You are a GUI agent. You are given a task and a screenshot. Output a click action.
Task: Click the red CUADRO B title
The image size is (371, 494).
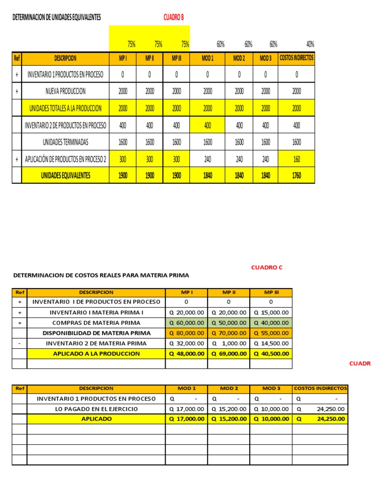pos(174,18)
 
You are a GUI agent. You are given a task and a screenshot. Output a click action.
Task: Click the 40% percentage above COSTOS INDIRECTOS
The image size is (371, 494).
pos(310,44)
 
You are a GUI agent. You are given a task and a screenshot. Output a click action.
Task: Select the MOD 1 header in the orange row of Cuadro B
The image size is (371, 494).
pos(208,58)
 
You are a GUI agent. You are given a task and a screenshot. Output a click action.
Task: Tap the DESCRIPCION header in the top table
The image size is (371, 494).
pos(65,58)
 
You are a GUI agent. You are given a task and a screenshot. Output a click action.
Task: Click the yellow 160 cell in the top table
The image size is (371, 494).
pos(297,158)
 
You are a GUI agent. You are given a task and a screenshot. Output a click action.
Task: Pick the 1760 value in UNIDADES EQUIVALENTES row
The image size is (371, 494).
pos(297,176)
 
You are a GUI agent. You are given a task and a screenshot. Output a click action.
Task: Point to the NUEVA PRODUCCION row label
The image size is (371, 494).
pos(65,91)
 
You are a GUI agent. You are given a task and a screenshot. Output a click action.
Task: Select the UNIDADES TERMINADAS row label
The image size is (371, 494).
pos(65,142)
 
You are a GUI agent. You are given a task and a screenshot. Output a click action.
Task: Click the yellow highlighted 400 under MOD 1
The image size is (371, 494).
pos(208,125)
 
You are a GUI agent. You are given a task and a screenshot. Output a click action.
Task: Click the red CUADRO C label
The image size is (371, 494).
pos(267,267)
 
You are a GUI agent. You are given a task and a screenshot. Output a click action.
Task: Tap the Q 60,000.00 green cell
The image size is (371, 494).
pos(186,323)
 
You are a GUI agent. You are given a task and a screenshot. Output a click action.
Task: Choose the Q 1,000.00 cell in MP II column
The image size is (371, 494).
pos(228,343)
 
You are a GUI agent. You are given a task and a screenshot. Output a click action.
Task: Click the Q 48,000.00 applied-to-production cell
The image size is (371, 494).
pos(186,354)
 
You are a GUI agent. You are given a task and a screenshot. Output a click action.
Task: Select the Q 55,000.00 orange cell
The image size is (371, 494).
pos(271,333)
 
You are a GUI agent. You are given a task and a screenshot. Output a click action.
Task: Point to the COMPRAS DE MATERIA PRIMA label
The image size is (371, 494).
pos(96,323)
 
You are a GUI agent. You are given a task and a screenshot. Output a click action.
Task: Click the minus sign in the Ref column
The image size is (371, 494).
pos(19,343)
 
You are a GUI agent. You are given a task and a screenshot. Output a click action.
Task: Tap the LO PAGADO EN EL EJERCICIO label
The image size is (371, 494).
pos(96,409)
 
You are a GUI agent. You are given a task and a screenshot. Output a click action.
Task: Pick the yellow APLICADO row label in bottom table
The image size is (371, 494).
pos(96,419)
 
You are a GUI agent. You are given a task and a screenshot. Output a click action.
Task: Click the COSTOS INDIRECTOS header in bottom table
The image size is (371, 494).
pos(320,388)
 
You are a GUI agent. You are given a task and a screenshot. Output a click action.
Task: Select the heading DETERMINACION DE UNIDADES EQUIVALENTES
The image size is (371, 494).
pos(57,17)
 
